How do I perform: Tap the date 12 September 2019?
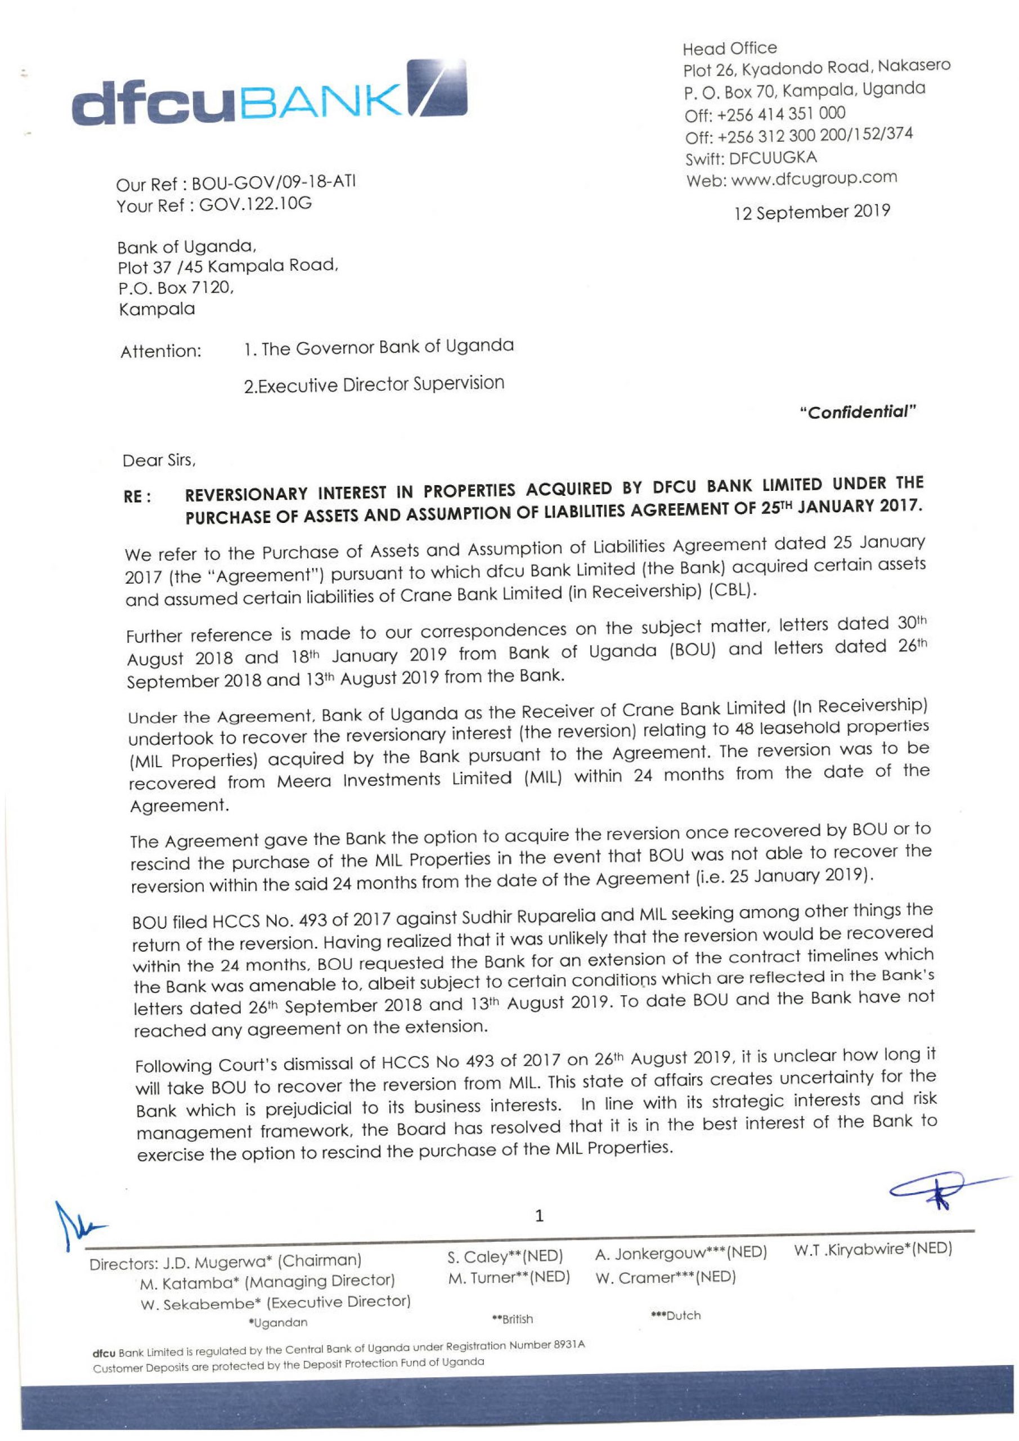(812, 212)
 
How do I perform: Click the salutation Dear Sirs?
(159, 463)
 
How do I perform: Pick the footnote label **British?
(513, 1319)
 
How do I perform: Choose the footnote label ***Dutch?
(676, 1315)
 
